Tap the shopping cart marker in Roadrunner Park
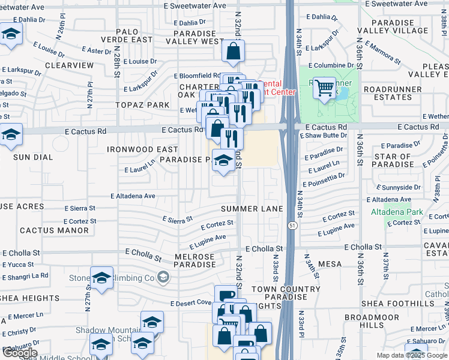(x=324, y=88)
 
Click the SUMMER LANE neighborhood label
(x=252, y=209)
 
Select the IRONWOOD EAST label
(x=142, y=149)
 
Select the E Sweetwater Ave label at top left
(x=23, y=7)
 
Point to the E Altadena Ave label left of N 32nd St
(x=133, y=196)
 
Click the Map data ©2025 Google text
(x=411, y=355)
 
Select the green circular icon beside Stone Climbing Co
(x=163, y=277)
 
